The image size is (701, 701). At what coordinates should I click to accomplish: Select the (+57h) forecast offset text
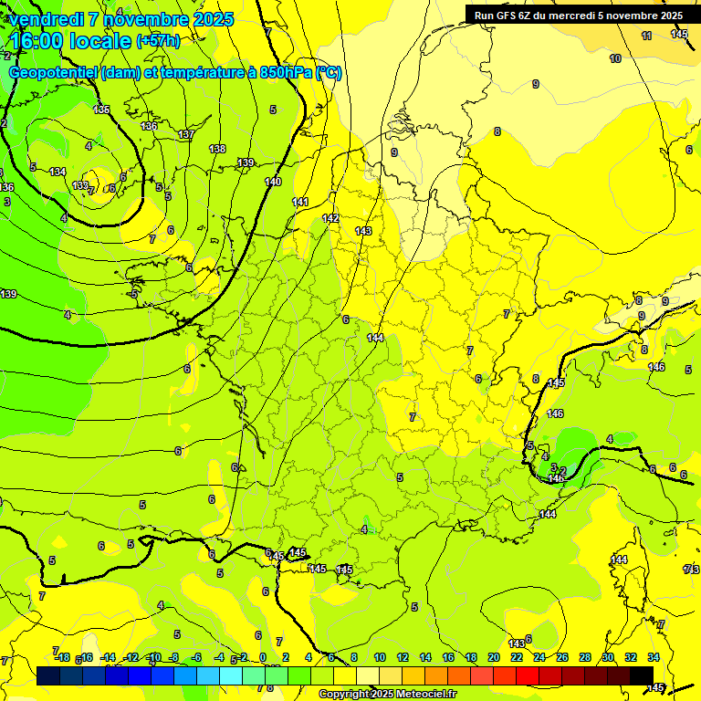pyautogui.click(x=158, y=41)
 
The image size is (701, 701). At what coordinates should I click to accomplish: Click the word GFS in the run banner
pyautogui.click(x=510, y=15)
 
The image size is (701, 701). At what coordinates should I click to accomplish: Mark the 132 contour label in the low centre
pyautogui.click(x=80, y=185)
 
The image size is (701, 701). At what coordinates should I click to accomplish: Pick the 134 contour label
pyautogui.click(x=58, y=172)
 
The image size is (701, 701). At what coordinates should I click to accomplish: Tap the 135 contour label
pyautogui.click(x=101, y=110)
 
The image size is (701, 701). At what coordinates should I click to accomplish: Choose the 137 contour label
pyautogui.click(x=186, y=134)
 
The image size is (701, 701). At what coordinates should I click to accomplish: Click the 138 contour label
pyautogui.click(x=217, y=149)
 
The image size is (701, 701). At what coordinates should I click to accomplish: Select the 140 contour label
pyautogui.click(x=273, y=182)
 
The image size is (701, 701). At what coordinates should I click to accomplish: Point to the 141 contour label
pyautogui.click(x=300, y=202)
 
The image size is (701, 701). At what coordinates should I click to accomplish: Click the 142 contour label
pyautogui.click(x=330, y=218)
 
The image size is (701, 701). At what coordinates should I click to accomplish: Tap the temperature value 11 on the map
pyautogui.click(x=646, y=36)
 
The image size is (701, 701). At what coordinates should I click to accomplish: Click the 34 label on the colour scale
pyautogui.click(x=654, y=657)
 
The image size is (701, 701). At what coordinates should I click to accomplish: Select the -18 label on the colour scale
pyautogui.click(x=62, y=657)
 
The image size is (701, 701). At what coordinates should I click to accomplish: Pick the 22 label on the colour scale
pyautogui.click(x=517, y=657)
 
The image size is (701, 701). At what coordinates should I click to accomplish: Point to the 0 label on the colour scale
pyautogui.click(x=263, y=657)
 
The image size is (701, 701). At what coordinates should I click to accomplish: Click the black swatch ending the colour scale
pyautogui.click(x=641, y=675)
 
